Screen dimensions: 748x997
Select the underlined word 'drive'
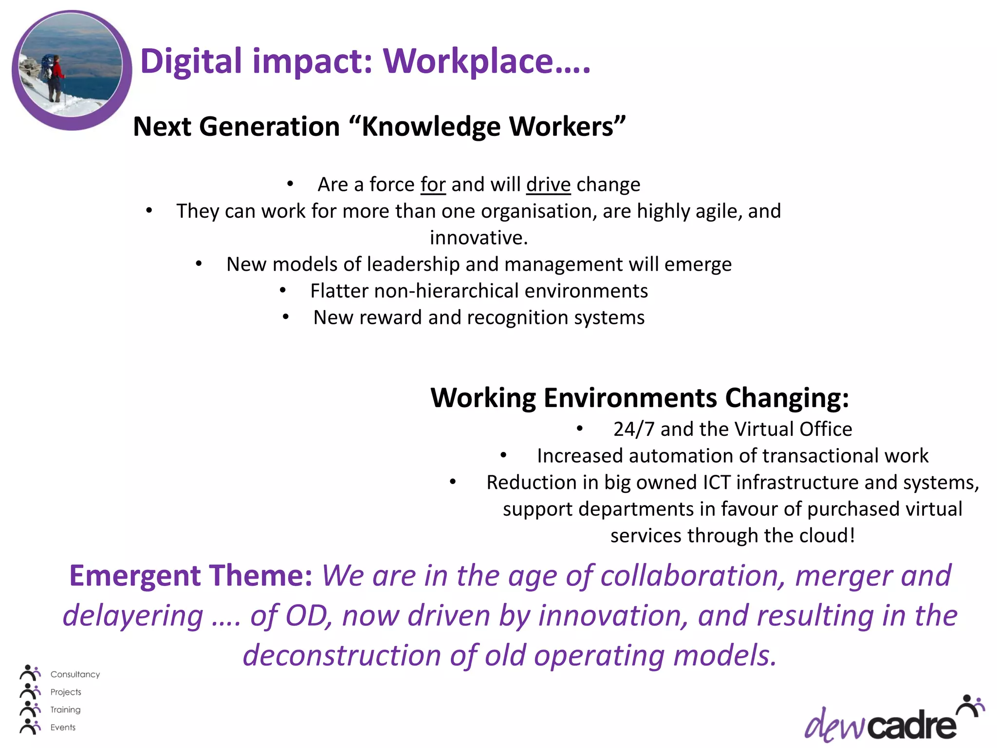coord(548,185)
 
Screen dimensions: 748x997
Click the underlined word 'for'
coord(433,185)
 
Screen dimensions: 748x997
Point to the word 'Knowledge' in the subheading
coord(431,127)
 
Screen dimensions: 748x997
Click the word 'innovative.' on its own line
coord(479,238)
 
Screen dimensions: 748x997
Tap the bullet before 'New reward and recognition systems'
coord(286,317)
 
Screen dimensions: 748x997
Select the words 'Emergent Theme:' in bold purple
coord(190,576)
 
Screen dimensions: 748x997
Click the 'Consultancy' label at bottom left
coord(75,674)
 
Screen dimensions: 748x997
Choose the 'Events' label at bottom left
coord(63,728)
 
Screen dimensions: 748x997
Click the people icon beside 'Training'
coord(30,709)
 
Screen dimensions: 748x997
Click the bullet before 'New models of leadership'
coord(199,264)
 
